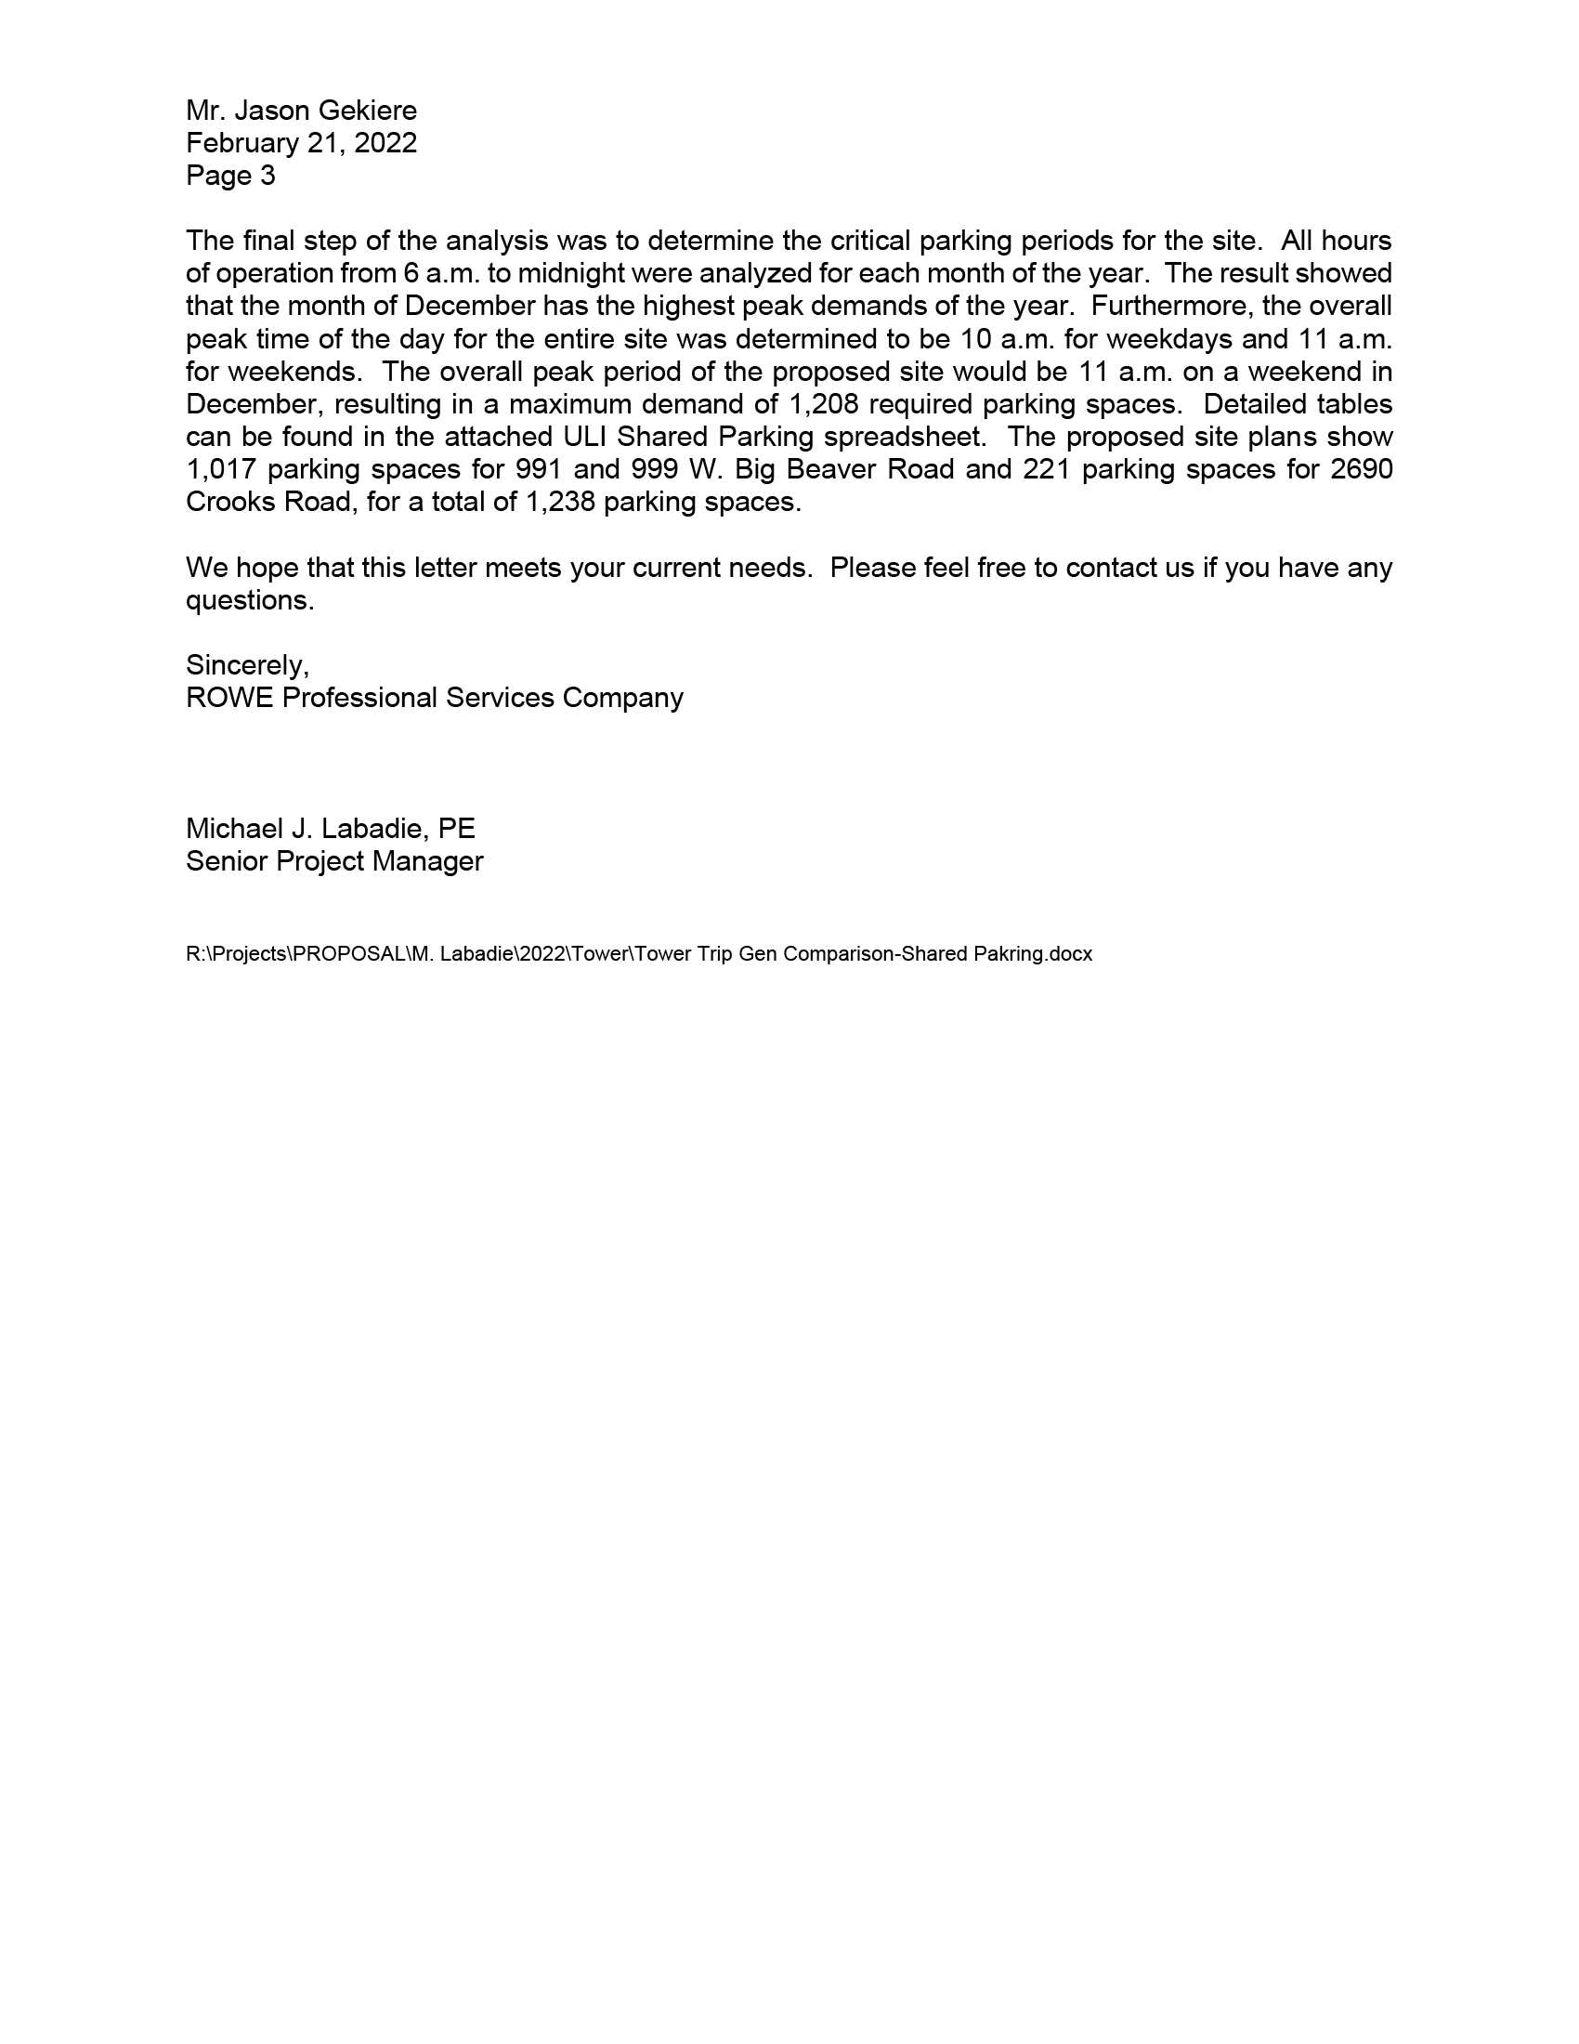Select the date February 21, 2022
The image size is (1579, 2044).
pyautogui.click(x=301, y=143)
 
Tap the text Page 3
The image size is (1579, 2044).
pyautogui.click(x=230, y=176)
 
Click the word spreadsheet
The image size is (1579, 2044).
pyautogui.click(x=903, y=437)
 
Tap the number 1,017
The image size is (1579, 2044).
pyautogui.click(x=221, y=470)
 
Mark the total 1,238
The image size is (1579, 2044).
pyautogui.click(x=560, y=503)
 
